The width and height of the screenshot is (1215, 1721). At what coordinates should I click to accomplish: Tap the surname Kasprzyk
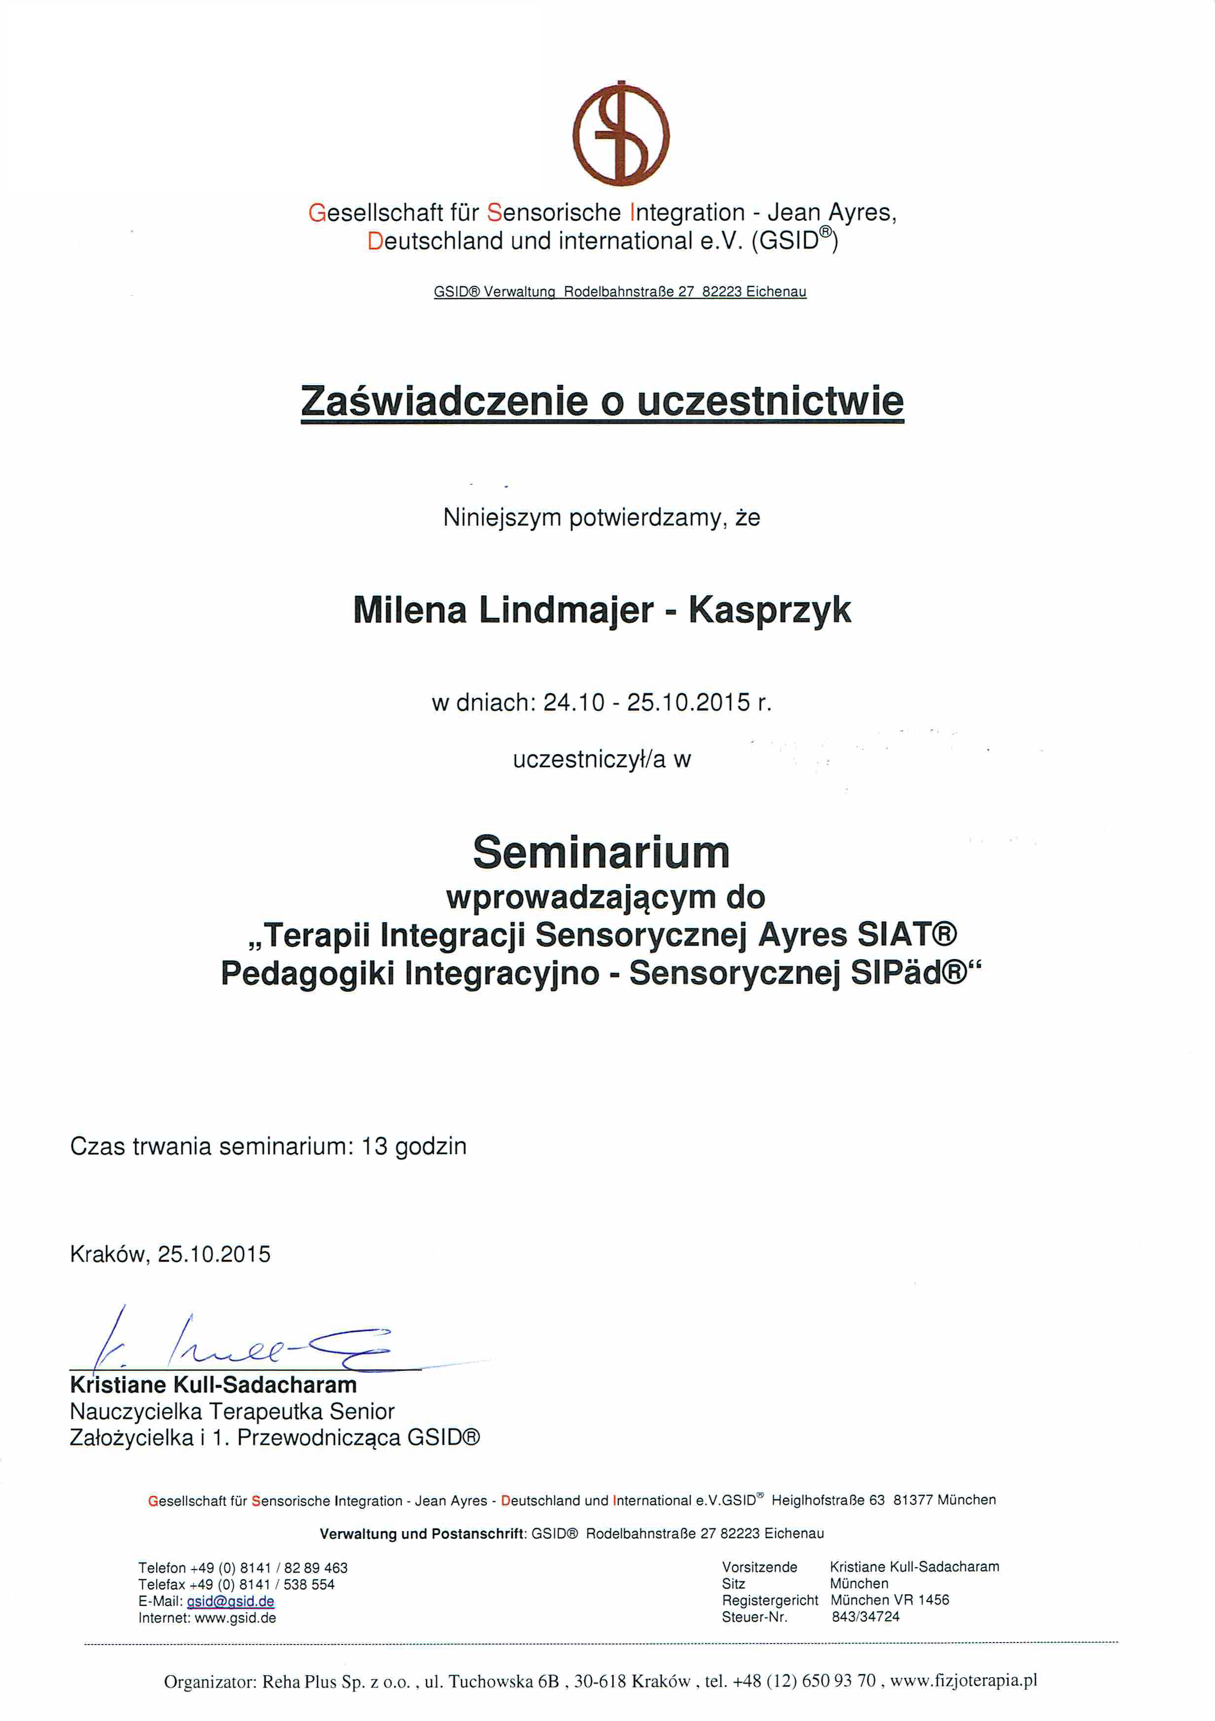(769, 609)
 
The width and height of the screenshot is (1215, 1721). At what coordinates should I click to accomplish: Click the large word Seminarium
(601, 852)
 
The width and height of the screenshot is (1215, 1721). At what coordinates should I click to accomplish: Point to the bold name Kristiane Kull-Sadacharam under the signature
(213, 1385)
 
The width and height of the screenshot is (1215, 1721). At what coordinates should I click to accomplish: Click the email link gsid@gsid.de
(230, 1601)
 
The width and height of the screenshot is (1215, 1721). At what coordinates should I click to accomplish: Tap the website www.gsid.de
(235, 1617)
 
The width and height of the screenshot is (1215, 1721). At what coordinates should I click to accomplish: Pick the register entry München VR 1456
(889, 1600)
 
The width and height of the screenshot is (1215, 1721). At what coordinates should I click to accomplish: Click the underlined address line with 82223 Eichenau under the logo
(620, 292)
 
